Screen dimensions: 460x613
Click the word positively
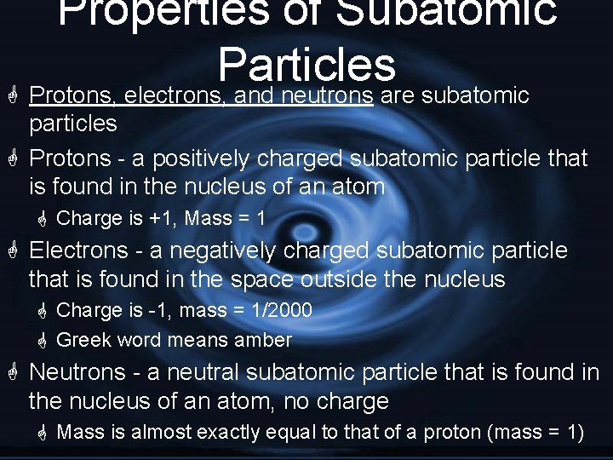coord(179,158)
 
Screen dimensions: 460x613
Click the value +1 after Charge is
coord(162,219)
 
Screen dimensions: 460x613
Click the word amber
coord(264,341)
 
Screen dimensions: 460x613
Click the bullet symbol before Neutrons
coord(13,372)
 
